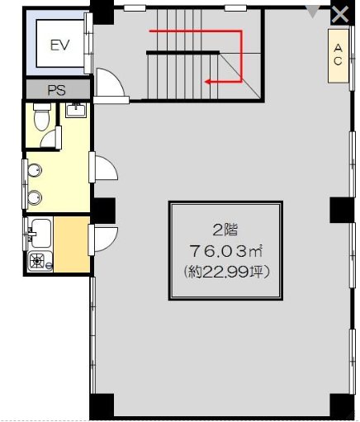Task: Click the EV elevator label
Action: (x=60, y=45)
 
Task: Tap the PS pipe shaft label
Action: (x=57, y=90)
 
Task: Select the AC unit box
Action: (x=339, y=56)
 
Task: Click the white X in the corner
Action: (x=340, y=15)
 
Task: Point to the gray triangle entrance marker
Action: (x=313, y=12)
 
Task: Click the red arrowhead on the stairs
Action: (x=207, y=82)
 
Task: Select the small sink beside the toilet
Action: (x=76, y=110)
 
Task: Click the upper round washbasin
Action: (x=35, y=170)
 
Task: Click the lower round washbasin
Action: (x=35, y=197)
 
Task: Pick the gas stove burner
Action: (x=37, y=260)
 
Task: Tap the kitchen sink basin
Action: (x=41, y=233)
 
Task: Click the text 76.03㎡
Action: (x=225, y=251)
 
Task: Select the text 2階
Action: (x=225, y=230)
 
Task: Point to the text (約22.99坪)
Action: (x=225, y=273)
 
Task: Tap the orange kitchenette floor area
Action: (x=72, y=244)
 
